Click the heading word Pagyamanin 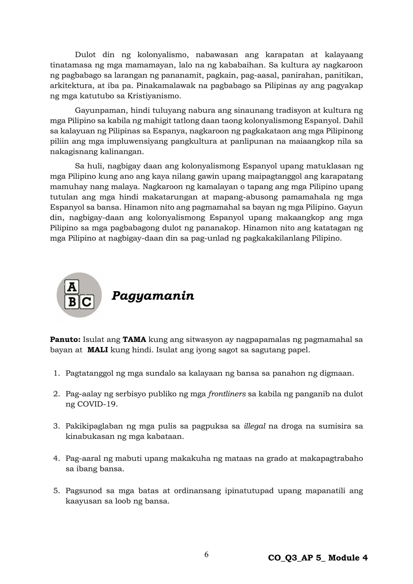click(x=153, y=296)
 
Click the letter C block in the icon click(x=87, y=302)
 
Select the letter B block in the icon click(x=72, y=302)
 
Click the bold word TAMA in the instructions click(x=134, y=340)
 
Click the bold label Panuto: click(x=65, y=340)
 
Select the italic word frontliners click(x=227, y=394)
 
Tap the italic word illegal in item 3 click(x=254, y=426)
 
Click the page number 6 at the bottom click(x=206, y=555)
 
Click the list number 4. click(x=56, y=458)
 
